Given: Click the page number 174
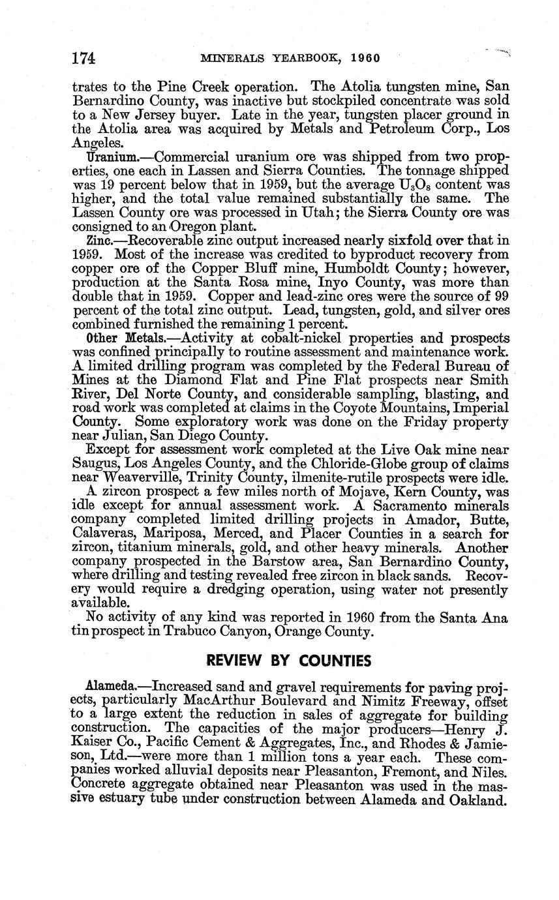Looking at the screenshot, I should [83, 59].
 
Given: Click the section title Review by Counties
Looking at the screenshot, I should [288, 661].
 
